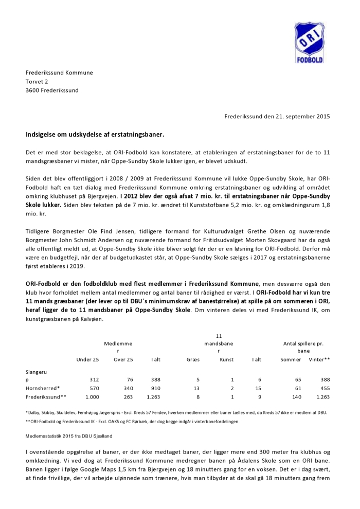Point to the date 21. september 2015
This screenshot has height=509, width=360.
pos(299,117)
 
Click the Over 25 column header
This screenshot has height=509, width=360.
pos(123,359)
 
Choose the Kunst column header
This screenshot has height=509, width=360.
pos(226,359)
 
